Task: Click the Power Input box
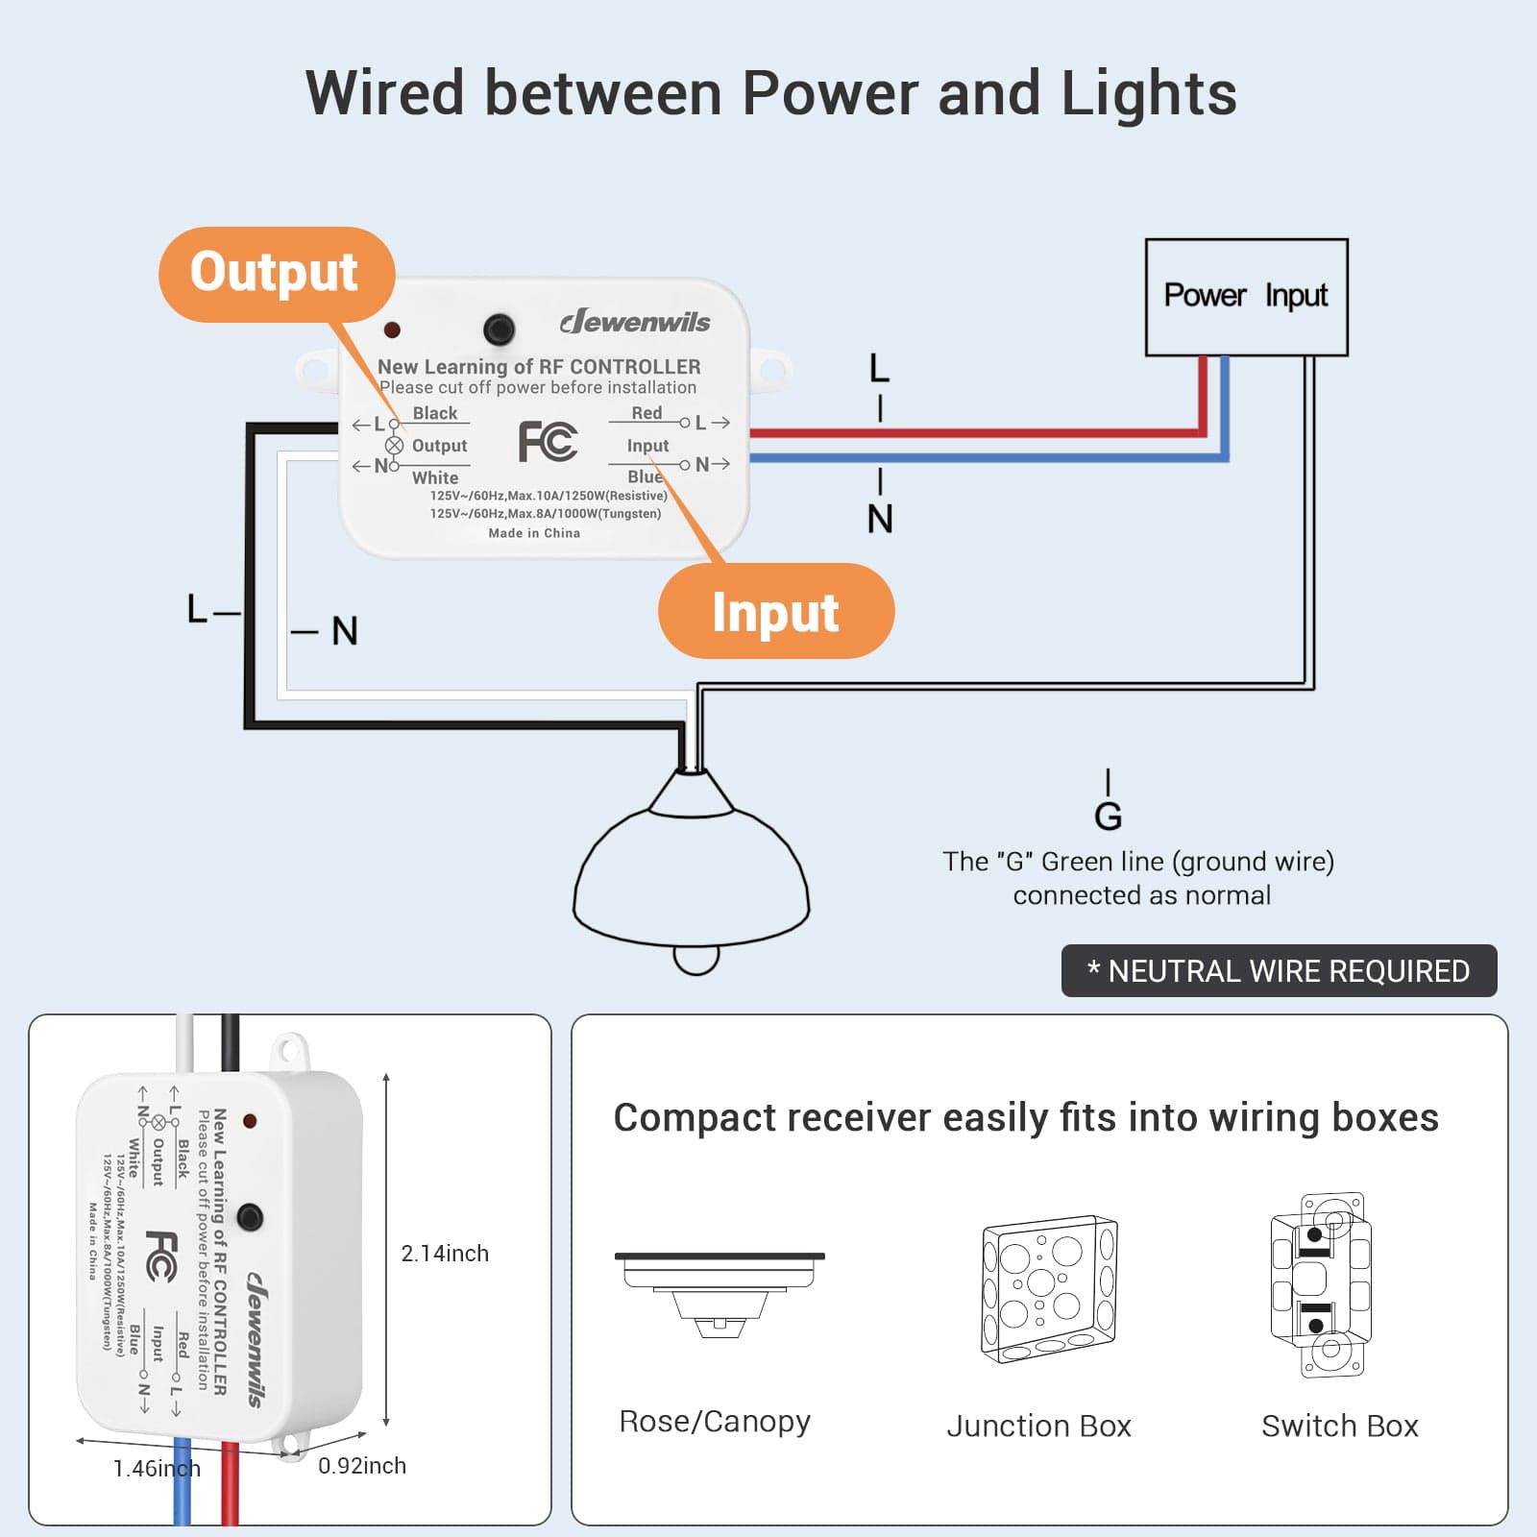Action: click(x=1246, y=296)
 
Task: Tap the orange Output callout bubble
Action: click(x=275, y=273)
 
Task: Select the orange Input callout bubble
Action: click(x=775, y=612)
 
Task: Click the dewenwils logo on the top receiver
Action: click(x=635, y=322)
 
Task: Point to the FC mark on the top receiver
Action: click(x=548, y=442)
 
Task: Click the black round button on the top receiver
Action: click(x=499, y=329)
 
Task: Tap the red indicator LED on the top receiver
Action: click(x=392, y=330)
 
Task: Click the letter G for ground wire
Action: click(x=1108, y=817)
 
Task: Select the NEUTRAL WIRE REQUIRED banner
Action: click(x=1278, y=971)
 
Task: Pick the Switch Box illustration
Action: click(x=1321, y=1284)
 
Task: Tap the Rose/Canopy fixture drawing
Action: click(x=720, y=1293)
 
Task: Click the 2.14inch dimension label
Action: click(x=445, y=1254)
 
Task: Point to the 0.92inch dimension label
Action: click(x=362, y=1466)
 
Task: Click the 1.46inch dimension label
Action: click(x=157, y=1469)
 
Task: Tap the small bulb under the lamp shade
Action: click(x=696, y=959)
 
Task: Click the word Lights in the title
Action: click(x=1148, y=94)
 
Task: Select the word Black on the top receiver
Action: click(x=435, y=413)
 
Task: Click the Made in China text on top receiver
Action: click(x=534, y=533)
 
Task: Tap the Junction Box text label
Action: click(x=1038, y=1427)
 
